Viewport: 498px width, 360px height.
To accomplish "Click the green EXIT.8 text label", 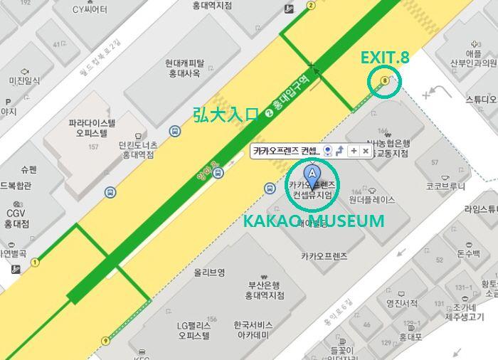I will [385, 58].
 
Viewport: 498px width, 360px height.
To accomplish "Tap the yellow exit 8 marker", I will [385, 81].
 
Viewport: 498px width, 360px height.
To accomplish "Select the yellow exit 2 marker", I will [311, 6].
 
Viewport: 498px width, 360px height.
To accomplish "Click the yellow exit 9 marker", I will [106, 341].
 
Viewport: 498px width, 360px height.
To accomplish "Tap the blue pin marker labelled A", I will [311, 174].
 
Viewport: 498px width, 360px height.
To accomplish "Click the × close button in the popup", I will [365, 151].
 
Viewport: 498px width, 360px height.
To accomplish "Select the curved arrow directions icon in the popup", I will [339, 151].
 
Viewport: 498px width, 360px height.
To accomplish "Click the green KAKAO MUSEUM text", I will [314, 221].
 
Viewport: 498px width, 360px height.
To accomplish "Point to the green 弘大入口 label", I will [225, 115].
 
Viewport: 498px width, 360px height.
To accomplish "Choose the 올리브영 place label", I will [211, 272].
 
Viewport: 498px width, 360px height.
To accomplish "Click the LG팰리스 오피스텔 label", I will [194, 330].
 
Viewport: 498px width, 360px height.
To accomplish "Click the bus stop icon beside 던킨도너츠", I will [174, 131].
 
